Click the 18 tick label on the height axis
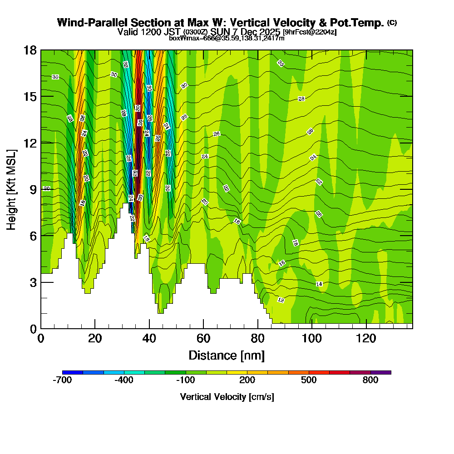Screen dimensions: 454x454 (30, 50)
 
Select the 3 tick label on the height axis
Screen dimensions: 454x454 (33, 282)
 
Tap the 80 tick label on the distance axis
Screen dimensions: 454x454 (257, 338)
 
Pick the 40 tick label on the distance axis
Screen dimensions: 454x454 (149, 338)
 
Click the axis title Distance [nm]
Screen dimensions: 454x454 (227, 355)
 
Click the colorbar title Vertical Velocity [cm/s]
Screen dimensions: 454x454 (227, 397)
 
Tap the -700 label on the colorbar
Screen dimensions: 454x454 (62, 380)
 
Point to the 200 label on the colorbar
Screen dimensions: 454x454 (247, 380)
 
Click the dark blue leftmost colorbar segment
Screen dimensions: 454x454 (73, 372)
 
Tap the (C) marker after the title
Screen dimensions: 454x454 (392, 23)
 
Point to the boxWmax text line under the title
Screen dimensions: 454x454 (227, 38)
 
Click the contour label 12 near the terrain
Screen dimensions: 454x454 (281, 300)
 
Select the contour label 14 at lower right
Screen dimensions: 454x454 (319, 284)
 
